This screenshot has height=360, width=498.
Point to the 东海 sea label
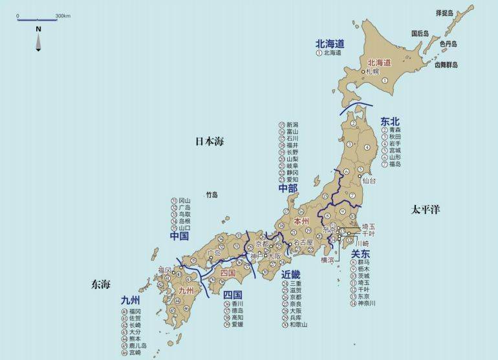(101, 284)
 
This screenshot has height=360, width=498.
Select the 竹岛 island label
(211, 194)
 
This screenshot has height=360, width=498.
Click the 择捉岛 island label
(462, 13)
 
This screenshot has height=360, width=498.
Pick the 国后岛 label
(420, 33)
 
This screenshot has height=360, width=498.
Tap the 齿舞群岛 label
(446, 65)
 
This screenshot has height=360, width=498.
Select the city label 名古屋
(303, 242)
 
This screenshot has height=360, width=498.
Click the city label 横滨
(328, 259)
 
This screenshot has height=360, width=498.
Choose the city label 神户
(257, 255)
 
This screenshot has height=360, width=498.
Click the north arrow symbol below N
(38, 42)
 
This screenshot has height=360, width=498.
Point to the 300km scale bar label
(63, 15)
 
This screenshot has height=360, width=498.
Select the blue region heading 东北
(391, 120)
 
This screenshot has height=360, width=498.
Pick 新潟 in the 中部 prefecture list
(292, 125)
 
